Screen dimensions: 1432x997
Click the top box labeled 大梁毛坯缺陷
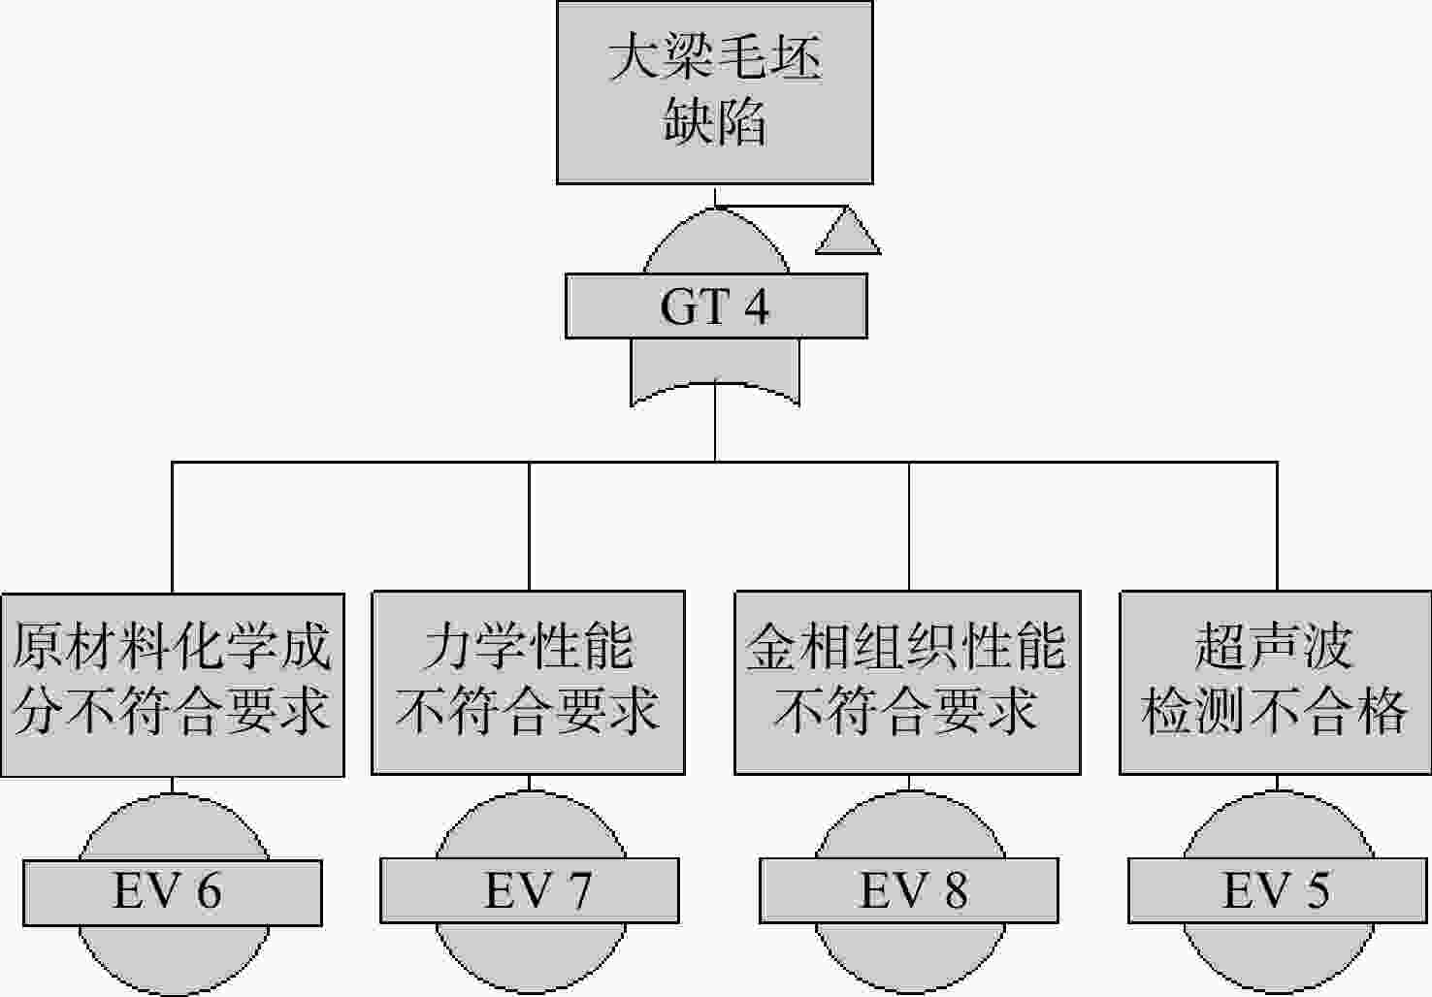[715, 93]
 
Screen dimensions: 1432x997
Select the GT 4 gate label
[716, 306]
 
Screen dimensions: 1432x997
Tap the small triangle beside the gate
[848, 231]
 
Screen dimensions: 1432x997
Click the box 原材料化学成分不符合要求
[173, 685]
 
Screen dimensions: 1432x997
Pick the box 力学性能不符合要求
[528, 683]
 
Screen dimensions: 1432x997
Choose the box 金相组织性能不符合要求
[908, 683]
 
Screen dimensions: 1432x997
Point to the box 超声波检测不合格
[1276, 683]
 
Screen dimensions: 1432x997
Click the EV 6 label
[173, 892]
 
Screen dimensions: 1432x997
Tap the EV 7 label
[530, 890]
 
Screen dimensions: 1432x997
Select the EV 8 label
[909, 890]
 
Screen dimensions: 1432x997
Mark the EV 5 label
[1278, 890]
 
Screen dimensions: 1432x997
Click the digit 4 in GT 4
[757, 306]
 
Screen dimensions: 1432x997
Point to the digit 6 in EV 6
[209, 891]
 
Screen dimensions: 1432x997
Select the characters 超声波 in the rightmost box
[1274, 647]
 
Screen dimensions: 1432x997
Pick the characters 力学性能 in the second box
[529, 647]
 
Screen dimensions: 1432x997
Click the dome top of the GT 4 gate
[716, 241]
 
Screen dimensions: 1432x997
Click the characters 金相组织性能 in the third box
[906, 647]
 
